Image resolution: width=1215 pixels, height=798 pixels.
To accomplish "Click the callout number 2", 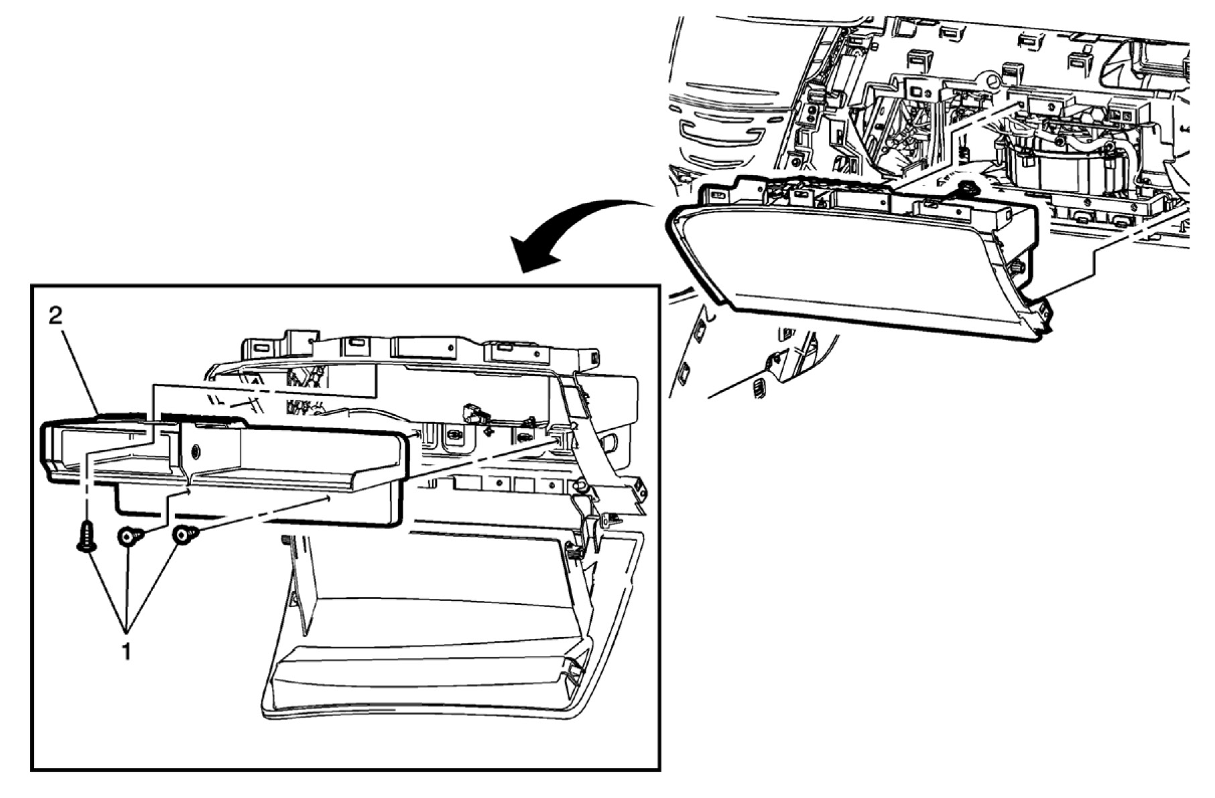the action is tap(55, 316).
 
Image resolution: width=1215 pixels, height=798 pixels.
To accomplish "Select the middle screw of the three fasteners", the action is tap(130, 536).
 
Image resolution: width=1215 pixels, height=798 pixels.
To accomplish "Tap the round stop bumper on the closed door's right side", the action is tap(1017, 267).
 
